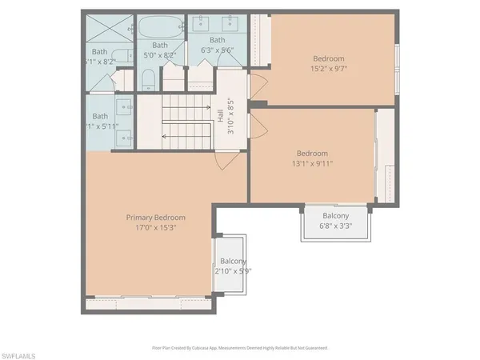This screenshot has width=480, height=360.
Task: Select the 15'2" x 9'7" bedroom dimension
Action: pos(328,69)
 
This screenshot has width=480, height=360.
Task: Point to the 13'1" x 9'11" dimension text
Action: pos(314,164)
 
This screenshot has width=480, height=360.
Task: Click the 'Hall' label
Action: pos(220,117)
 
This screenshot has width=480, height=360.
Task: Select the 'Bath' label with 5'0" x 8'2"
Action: pos(160,46)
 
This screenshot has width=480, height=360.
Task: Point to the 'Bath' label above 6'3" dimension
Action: pos(217,40)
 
